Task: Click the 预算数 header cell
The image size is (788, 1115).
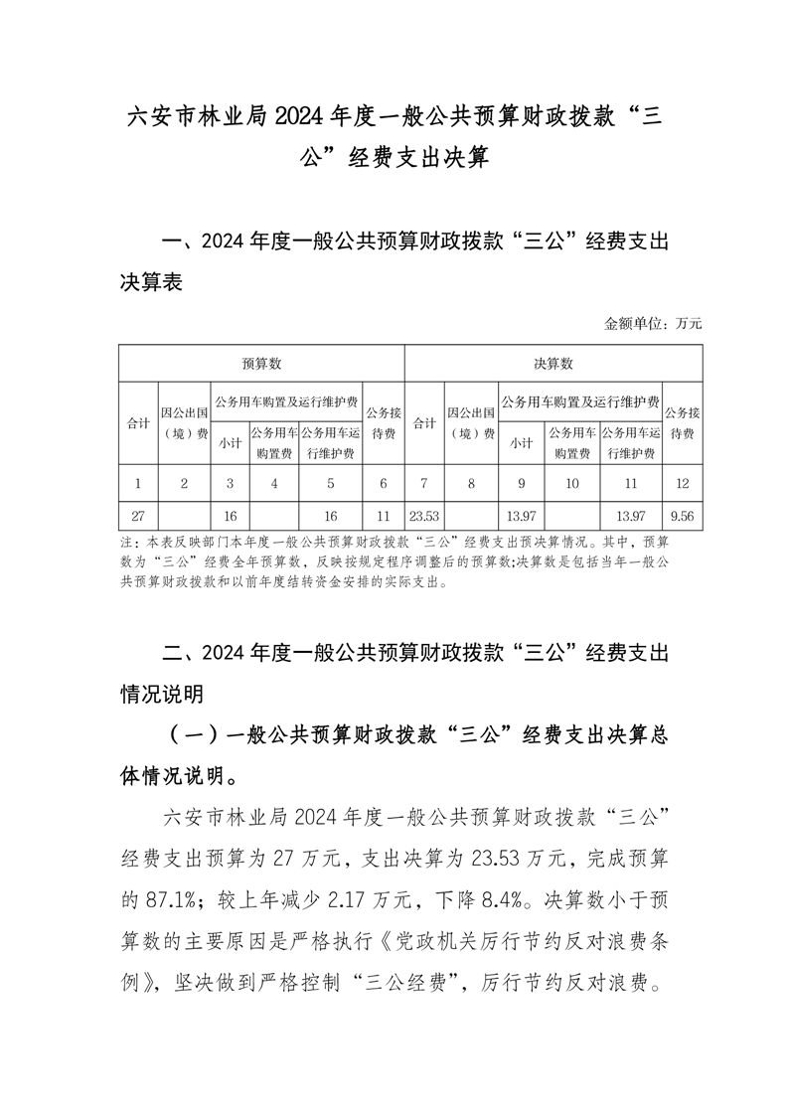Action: [261, 364]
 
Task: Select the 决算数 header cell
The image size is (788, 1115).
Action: [552, 364]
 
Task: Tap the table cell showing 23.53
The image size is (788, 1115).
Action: [424, 517]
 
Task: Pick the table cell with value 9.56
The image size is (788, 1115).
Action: [682, 517]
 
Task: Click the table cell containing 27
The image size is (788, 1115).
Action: [138, 517]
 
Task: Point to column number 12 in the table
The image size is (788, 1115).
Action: [682, 483]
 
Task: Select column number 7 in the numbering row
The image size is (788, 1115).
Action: [424, 483]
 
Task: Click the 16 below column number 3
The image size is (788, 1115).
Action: [231, 517]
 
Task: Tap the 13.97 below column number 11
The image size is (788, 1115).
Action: [631, 517]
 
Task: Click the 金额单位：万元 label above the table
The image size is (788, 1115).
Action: [653, 323]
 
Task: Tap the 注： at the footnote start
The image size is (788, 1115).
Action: [129, 544]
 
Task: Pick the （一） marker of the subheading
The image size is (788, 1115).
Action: [193, 734]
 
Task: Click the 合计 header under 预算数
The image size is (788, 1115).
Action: [138, 422]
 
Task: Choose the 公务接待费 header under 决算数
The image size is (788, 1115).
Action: [682, 422]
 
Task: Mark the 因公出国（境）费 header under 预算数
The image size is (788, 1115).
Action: [184, 422]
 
